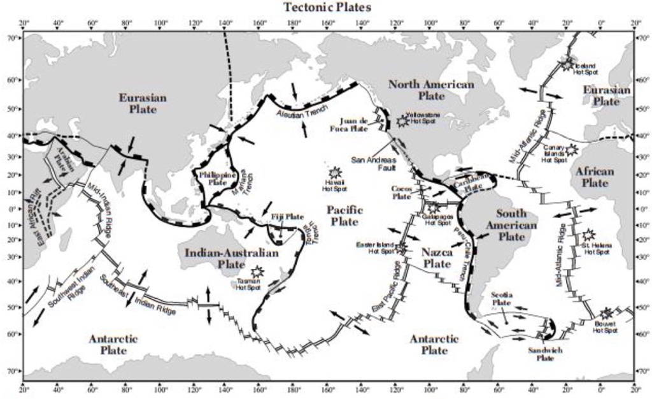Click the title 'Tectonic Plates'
[326, 7]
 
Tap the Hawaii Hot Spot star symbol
[334, 172]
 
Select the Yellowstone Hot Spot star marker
[402, 120]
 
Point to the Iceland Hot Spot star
[567, 64]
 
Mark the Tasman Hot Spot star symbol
[257, 272]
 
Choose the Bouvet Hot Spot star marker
[606, 313]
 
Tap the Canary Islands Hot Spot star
[571, 150]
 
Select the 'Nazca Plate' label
[437, 258]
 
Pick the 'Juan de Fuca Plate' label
[353, 124]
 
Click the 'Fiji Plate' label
[287, 217]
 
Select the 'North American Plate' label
[431, 90]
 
